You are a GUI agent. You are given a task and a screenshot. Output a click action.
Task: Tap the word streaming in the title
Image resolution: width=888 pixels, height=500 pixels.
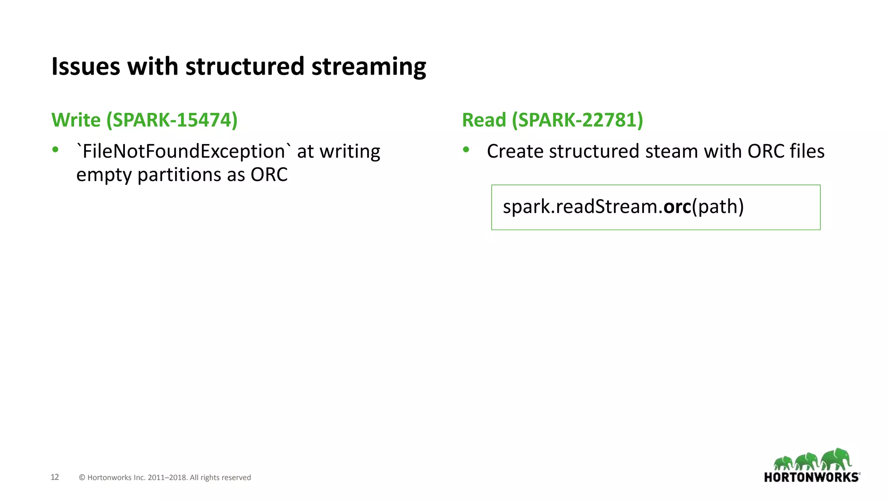(369, 67)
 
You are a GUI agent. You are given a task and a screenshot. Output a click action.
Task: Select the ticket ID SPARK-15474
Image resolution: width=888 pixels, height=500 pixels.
(172, 120)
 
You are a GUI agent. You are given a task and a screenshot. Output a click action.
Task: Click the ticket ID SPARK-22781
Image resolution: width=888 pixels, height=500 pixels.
(578, 120)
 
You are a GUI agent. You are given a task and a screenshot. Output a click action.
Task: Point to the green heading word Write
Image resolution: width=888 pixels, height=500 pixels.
(76, 120)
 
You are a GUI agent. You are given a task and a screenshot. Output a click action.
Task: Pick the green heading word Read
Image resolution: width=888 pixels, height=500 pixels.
(484, 120)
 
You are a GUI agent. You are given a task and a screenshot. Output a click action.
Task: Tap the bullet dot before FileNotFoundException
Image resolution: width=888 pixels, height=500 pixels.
(55, 150)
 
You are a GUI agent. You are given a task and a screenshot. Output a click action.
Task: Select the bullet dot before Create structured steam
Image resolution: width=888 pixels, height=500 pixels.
(466, 150)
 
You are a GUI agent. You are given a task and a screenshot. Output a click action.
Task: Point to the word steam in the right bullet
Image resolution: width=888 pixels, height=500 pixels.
(672, 151)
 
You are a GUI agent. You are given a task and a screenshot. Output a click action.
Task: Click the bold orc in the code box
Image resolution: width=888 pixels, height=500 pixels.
(677, 207)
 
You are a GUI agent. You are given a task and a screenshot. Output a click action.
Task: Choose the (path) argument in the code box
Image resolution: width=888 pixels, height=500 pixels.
(718, 207)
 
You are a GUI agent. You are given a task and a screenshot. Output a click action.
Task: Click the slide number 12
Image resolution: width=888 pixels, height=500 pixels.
(55, 477)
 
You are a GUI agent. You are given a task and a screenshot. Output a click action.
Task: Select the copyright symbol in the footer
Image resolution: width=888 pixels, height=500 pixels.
(82, 478)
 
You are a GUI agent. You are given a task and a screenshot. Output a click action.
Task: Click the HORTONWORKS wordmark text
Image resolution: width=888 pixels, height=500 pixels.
(811, 477)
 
